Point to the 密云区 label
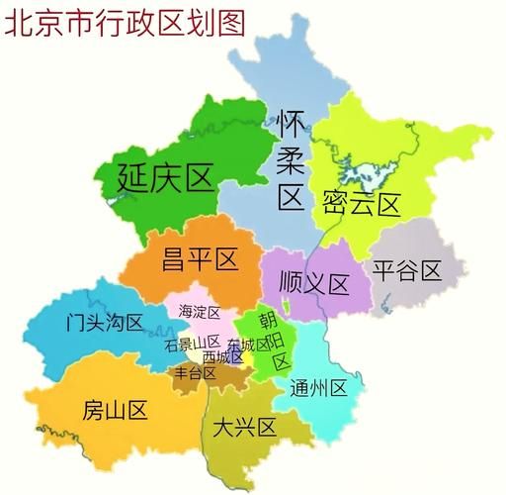tap(361, 205)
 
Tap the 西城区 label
tap(222, 356)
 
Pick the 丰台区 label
tap(196, 373)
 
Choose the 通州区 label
tap(318, 387)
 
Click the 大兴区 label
tap(243, 428)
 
